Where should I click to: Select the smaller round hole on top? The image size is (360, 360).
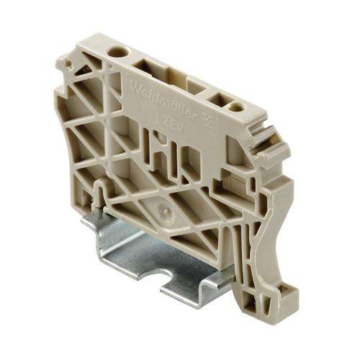tap(235, 107)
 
